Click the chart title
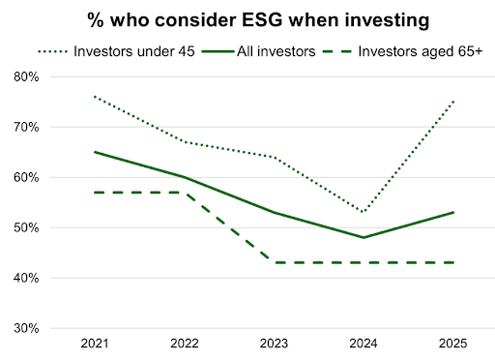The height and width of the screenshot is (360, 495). [x=258, y=20]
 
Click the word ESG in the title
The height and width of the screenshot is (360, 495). [x=262, y=20]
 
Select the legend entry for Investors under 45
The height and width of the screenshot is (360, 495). [x=116, y=51]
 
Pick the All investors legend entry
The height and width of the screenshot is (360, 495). [x=258, y=51]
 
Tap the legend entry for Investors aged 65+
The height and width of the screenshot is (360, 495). [x=402, y=51]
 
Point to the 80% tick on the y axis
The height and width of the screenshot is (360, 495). [x=26, y=76]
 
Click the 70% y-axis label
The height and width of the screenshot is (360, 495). [x=26, y=127]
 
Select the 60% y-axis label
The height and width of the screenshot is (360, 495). [x=26, y=177]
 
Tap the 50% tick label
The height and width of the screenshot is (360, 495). [x=26, y=227]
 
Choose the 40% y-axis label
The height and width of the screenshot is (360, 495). [x=26, y=278]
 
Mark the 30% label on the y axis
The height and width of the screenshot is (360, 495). [x=26, y=328]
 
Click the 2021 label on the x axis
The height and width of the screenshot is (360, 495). [x=95, y=344]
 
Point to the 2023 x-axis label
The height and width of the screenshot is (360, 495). [x=274, y=344]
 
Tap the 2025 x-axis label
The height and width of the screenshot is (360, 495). [x=453, y=344]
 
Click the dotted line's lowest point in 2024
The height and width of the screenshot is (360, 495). [x=364, y=212]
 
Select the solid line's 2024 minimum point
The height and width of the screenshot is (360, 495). [x=364, y=237]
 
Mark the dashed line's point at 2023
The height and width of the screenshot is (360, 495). [x=274, y=262]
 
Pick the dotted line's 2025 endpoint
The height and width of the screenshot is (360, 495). [x=453, y=102]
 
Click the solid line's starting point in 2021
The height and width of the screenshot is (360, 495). [x=95, y=152]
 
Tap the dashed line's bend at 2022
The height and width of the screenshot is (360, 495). [x=185, y=193]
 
